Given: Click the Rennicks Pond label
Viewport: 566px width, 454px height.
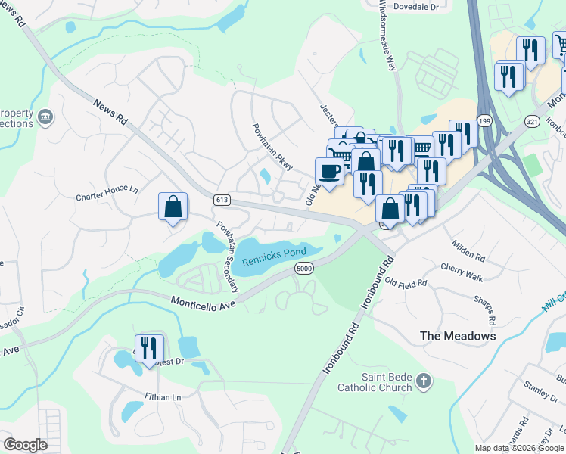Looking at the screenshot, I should (274, 256).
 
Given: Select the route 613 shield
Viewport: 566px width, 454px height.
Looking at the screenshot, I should (222, 200).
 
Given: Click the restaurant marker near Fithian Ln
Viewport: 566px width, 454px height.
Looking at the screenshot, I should (149, 347).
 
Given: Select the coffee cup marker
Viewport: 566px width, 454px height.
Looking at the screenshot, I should (329, 170).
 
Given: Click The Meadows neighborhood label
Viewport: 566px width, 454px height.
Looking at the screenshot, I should (458, 335).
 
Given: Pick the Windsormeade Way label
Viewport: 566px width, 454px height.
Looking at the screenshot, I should (385, 37).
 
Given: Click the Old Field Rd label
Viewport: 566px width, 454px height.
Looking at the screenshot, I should (406, 282).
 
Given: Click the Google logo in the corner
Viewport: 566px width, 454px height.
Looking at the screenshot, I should (25, 445).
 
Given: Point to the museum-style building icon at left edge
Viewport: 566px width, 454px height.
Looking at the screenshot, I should (46, 117).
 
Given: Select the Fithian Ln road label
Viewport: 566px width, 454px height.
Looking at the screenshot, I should (163, 396).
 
